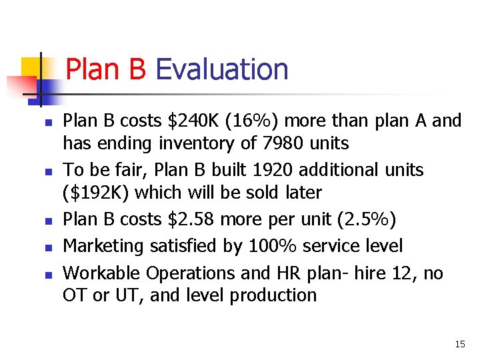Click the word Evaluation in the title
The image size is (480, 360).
(221, 69)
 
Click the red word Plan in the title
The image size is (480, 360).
(106, 69)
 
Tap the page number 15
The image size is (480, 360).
(460, 344)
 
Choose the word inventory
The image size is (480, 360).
(199, 143)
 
